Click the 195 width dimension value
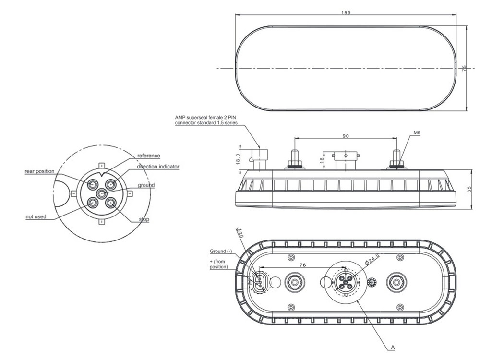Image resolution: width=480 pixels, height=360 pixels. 346,12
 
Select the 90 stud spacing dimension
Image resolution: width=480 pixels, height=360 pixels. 346,136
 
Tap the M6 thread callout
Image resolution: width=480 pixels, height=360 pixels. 416,133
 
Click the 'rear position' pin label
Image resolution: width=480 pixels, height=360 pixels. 39,171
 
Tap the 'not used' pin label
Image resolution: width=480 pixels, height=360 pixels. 36,217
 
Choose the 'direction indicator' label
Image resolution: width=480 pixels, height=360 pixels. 158,166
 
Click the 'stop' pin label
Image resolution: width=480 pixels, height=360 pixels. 144,219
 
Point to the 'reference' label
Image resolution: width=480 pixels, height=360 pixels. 148,156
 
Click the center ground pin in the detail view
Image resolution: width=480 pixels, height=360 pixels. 101,193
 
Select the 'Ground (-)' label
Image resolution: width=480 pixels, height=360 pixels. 220,252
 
